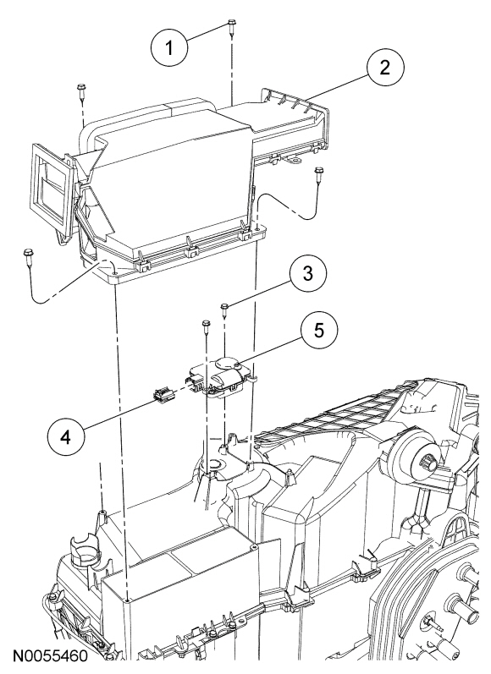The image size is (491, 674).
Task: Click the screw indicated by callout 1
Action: tap(231, 26)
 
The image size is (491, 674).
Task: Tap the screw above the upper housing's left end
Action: tap(81, 89)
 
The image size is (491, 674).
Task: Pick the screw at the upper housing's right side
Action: tap(318, 175)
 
